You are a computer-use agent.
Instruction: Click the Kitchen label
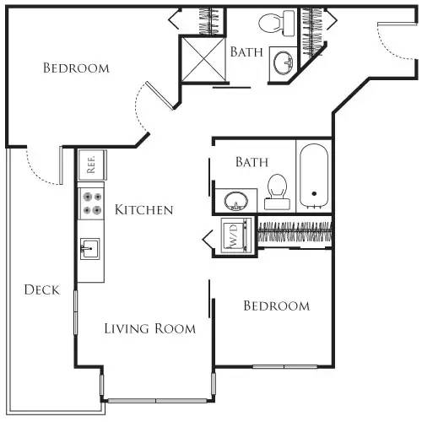coord(144,210)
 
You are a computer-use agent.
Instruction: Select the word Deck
coord(41,289)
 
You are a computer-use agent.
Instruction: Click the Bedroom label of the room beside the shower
coord(76,68)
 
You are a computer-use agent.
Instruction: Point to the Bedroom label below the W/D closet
coord(276,306)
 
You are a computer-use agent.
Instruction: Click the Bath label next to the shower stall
coord(246,51)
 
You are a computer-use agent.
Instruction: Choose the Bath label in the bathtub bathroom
coord(252,160)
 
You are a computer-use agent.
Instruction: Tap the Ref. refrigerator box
coord(91,163)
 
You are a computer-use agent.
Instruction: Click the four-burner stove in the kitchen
coord(91,202)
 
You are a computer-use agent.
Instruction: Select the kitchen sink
coord(91,248)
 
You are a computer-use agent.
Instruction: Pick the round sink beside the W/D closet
coord(235,202)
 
